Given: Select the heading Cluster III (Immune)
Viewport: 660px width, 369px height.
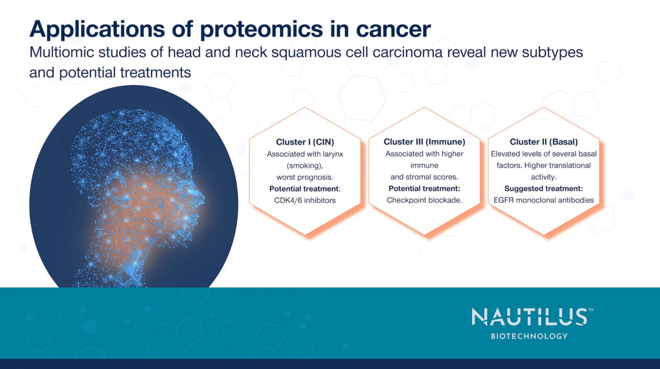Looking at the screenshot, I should pyautogui.click(x=424, y=142).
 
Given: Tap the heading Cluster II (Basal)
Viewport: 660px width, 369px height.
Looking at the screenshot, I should pyautogui.click(x=544, y=142).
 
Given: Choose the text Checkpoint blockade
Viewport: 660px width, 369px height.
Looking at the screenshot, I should pyautogui.click(x=424, y=200).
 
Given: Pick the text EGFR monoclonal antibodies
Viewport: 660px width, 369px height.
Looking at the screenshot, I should pyautogui.click(x=544, y=200).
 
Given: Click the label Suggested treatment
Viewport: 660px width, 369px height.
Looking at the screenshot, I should pyautogui.click(x=544, y=188).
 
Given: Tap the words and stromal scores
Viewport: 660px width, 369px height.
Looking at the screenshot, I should pyautogui.click(x=424, y=177).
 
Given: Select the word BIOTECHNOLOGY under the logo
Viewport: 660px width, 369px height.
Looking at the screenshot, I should pyautogui.click(x=529, y=336).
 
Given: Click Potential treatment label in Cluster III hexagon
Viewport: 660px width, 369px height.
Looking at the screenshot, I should pyautogui.click(x=424, y=188).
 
